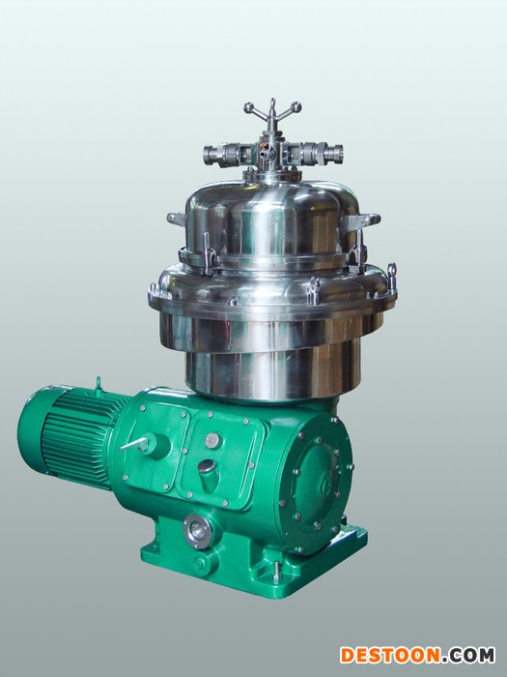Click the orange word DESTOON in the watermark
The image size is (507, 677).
coord(390,655)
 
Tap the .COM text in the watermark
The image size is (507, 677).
coord(468,655)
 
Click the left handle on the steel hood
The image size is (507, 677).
coord(177,219)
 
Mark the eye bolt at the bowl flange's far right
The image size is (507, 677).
coord(391,275)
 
